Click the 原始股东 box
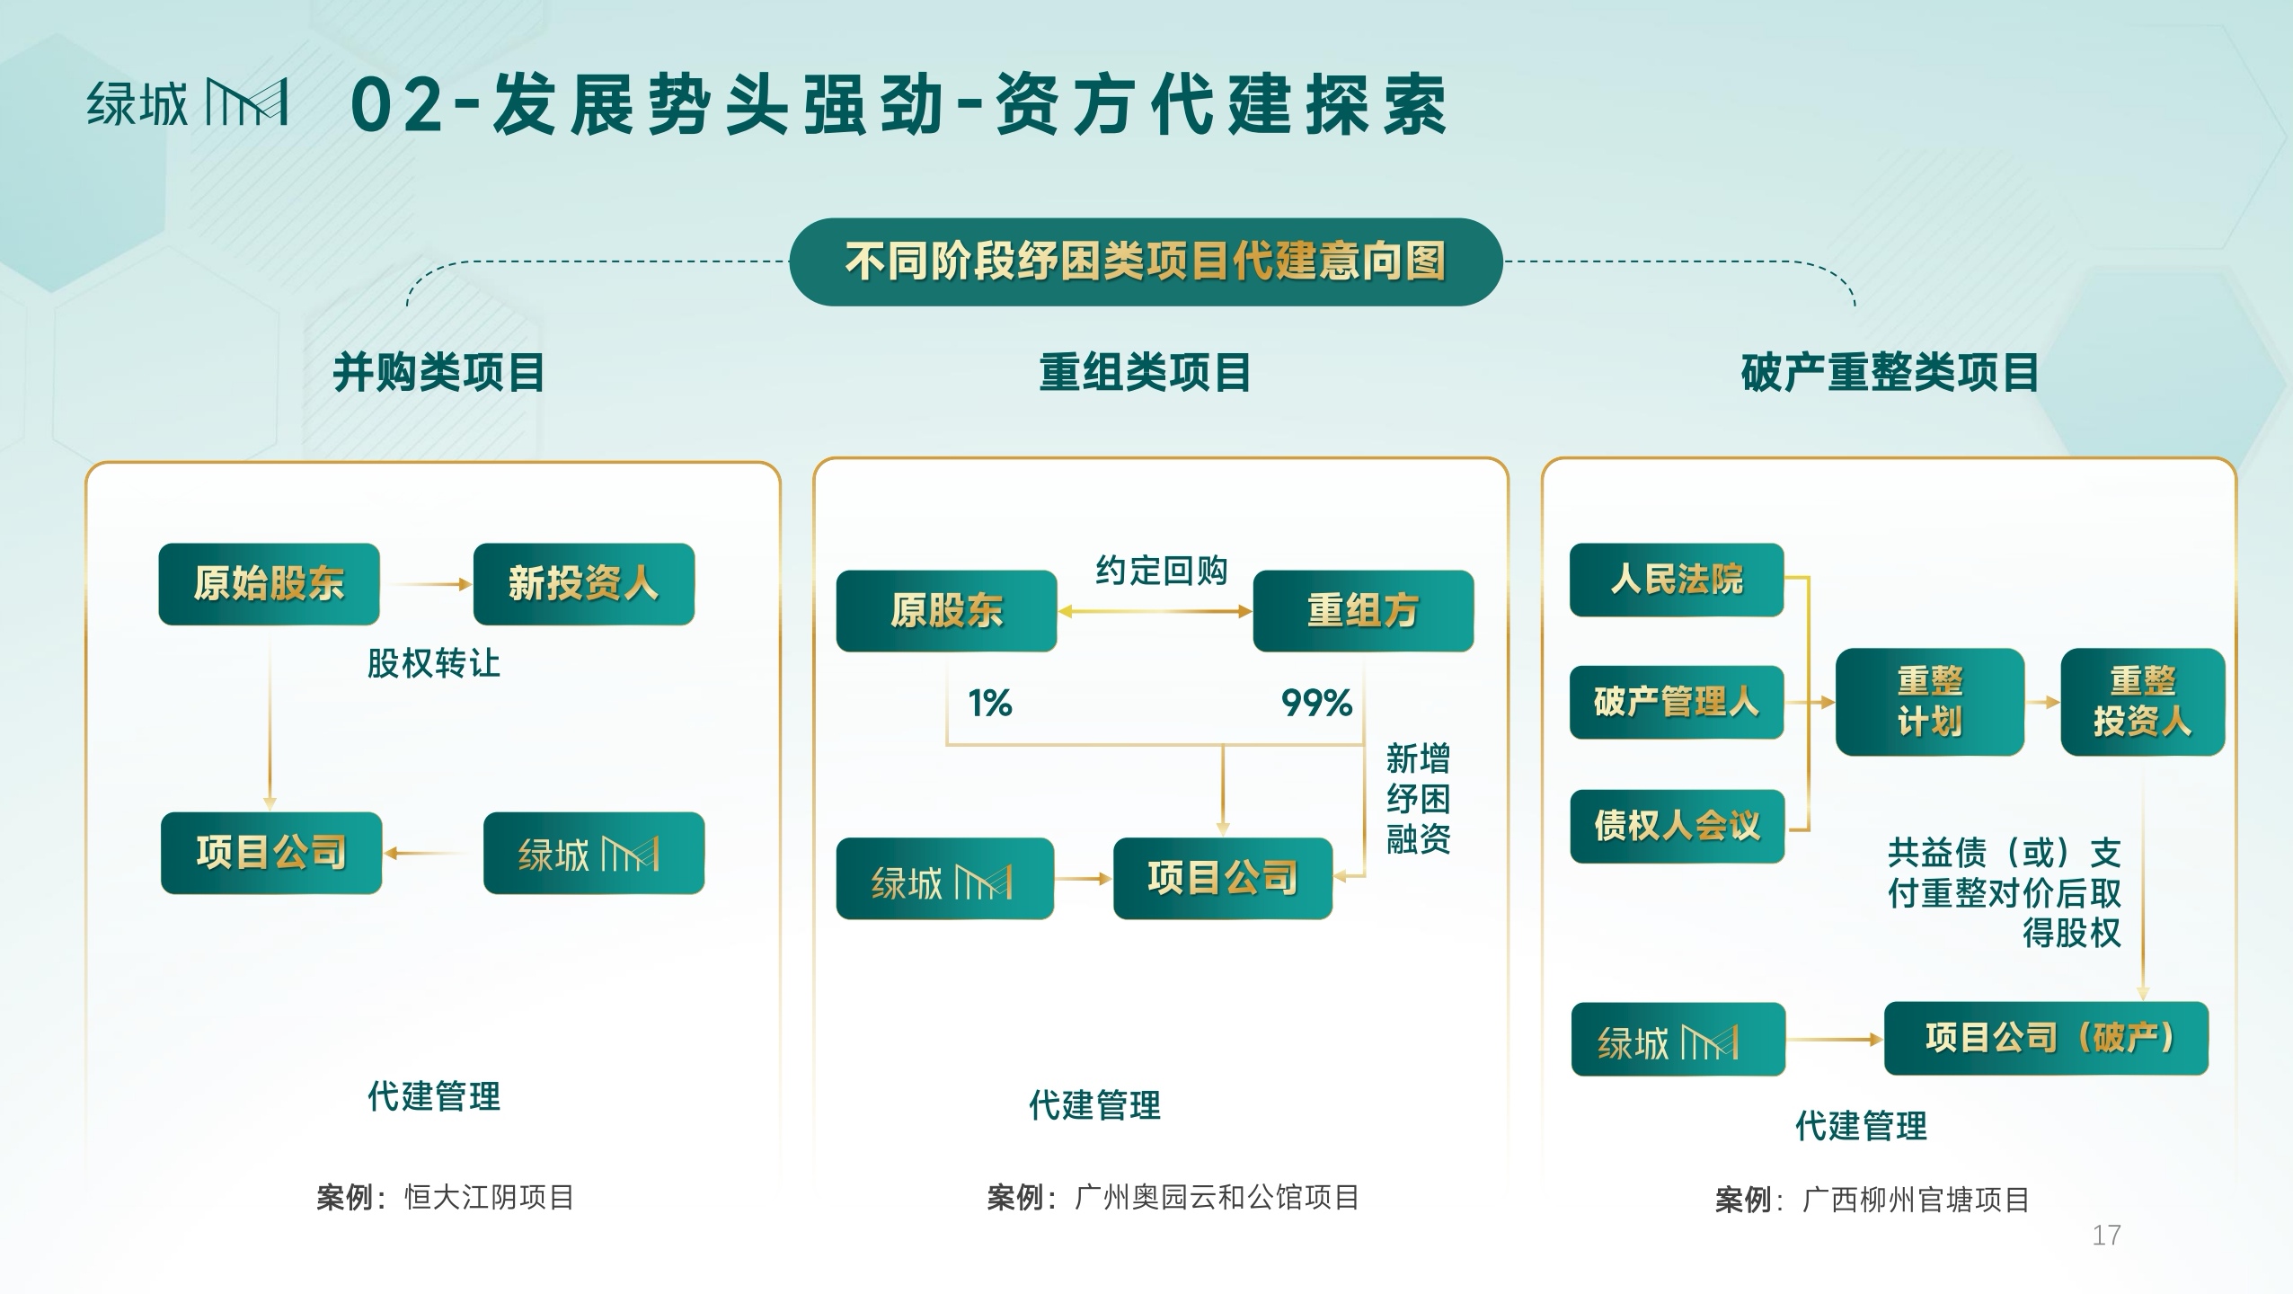tap(269, 584)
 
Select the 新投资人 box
tap(584, 584)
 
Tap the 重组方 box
tap(1363, 611)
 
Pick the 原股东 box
tap(946, 611)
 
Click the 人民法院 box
tap(1677, 580)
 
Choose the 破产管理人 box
tap(1677, 703)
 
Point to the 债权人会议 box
tap(1677, 826)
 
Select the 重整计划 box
tap(1930, 702)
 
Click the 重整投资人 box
tap(2143, 702)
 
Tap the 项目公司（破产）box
tap(2046, 1039)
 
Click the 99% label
tap(1316, 703)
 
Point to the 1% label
tap(990, 703)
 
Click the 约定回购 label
tap(1161, 571)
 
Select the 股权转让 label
tap(433, 663)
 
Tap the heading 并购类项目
tap(438, 372)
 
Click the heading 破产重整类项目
tap(1890, 372)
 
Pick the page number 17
tap(2106, 1236)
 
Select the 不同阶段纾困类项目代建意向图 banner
tap(1146, 261)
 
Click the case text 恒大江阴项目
tap(490, 1198)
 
